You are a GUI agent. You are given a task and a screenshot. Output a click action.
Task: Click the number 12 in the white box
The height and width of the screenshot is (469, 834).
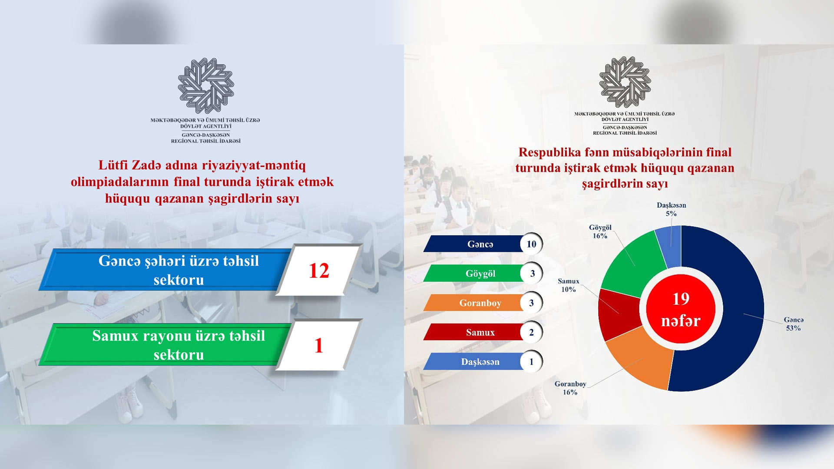[319, 271]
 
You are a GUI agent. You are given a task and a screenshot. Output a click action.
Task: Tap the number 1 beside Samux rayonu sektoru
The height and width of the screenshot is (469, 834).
[319, 346]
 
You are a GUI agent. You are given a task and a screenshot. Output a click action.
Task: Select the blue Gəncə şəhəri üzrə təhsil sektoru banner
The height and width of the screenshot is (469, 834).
[165, 270]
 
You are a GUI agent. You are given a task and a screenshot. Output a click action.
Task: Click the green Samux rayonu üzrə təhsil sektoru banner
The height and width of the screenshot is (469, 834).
[165, 345]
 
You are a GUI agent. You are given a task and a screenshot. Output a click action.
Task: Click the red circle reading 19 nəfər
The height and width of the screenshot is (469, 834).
[681, 309]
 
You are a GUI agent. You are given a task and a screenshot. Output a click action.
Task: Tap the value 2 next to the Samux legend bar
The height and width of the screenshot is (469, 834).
[531, 333]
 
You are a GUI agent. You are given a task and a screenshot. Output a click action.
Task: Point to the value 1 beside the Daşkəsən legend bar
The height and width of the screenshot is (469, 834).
[531, 362]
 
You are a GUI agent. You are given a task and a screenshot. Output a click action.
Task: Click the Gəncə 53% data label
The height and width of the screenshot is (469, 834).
[794, 324]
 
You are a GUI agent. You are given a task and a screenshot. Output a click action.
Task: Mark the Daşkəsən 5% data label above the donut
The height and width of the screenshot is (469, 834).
[671, 209]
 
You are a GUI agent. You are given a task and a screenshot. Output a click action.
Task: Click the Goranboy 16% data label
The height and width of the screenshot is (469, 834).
[570, 388]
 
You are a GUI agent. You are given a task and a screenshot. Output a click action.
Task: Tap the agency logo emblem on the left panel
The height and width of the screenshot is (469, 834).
[206, 86]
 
